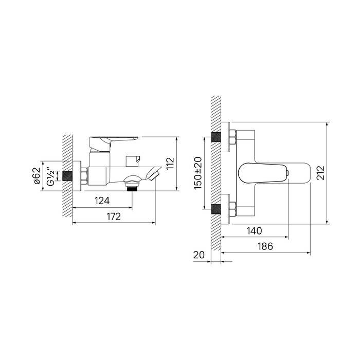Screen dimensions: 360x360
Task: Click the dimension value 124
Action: tap(102, 201)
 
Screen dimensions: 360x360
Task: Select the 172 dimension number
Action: tap(114, 217)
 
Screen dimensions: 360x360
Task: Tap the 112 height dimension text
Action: tap(170, 163)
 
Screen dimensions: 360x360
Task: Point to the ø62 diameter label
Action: tap(37, 176)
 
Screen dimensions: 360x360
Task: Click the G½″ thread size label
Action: tap(50, 176)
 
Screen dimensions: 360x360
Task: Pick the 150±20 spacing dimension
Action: tap(197, 173)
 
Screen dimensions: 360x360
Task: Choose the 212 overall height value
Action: tap(320, 173)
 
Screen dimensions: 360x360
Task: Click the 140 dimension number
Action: tap(254, 231)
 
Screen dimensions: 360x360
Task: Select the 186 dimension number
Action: tap(265, 246)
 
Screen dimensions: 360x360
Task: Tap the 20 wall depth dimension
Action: tap(199, 255)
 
